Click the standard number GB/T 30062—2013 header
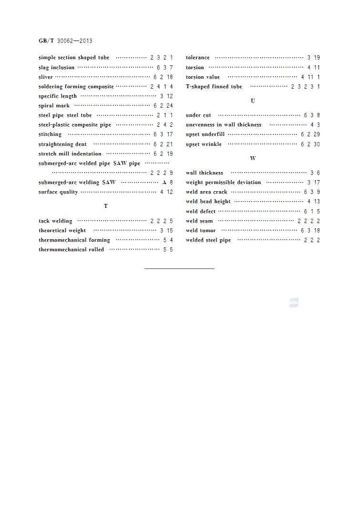[x=65, y=41]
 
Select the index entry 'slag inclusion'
[x=56, y=68]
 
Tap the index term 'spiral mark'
[x=54, y=106]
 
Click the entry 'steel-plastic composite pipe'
[x=75, y=125]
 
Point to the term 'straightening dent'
[x=62, y=144]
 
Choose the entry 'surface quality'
[x=58, y=192]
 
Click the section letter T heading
[x=106, y=206]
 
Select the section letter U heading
[x=253, y=101]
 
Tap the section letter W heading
[x=253, y=158]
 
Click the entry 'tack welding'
[x=55, y=221]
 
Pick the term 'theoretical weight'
[x=62, y=231]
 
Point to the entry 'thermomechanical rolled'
[x=71, y=250]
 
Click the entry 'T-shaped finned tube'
[x=214, y=87]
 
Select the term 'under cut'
[x=198, y=115]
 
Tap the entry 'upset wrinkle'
[x=204, y=144]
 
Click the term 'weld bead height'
[x=208, y=202]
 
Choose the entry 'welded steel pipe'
[x=208, y=240]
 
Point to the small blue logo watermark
[x=294, y=303]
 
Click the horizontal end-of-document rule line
[x=179, y=269]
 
